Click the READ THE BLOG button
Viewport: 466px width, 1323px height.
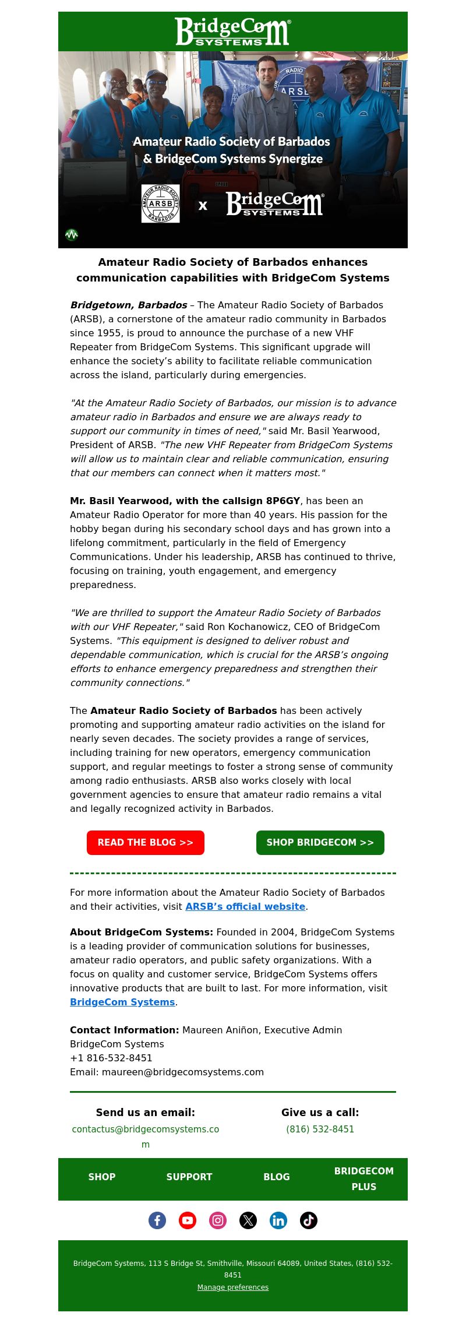146,843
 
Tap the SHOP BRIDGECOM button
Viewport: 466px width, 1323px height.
320,843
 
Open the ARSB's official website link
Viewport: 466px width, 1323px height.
245,906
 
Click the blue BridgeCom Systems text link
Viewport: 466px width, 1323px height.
122,1002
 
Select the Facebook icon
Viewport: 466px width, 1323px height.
157,1220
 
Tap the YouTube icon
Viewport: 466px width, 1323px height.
188,1220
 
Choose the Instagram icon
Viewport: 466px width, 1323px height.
218,1220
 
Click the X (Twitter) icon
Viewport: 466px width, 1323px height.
248,1220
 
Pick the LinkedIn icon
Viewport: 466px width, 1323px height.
278,1220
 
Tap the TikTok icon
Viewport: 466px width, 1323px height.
309,1220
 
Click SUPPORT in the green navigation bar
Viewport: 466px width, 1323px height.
189,1177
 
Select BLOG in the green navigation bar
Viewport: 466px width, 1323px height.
277,1177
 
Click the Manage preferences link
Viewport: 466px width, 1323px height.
233,1287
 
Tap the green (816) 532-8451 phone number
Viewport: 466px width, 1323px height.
320,1129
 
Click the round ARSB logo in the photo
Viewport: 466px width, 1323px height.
160,203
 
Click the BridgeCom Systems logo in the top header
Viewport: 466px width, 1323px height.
233,31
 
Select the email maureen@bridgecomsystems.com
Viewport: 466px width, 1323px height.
183,1072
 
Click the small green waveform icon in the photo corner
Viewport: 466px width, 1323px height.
72,234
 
